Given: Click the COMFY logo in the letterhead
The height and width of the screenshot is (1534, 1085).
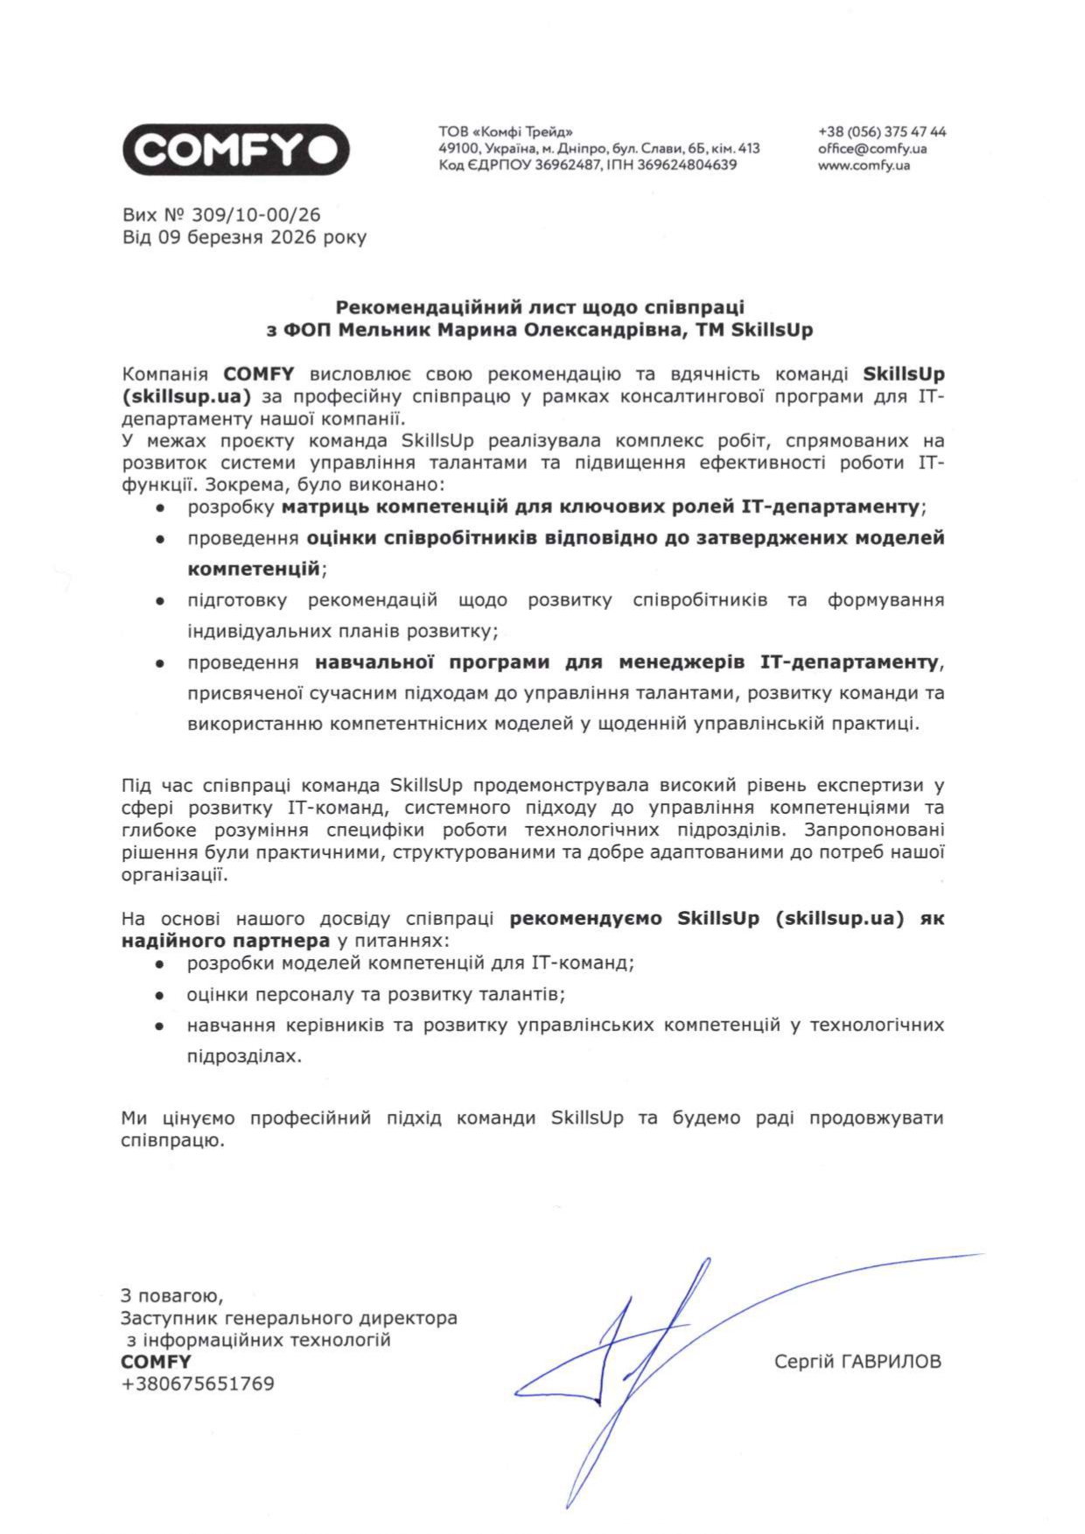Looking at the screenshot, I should point(235,150).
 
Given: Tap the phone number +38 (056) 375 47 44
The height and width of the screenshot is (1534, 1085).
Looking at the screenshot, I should point(882,132).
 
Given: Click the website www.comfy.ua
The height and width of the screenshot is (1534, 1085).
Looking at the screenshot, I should point(864,165).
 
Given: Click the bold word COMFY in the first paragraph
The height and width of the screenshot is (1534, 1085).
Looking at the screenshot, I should point(259,375).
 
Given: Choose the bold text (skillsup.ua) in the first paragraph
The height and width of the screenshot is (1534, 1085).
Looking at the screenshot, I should point(186,396).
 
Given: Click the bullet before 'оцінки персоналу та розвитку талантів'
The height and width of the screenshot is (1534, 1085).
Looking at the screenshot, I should point(159,996).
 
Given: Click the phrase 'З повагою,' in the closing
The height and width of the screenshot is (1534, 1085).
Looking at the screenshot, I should point(171,1295).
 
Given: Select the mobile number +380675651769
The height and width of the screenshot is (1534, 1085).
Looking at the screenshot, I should point(198,1384).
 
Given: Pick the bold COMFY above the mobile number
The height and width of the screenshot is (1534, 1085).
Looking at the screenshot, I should point(156,1362).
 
